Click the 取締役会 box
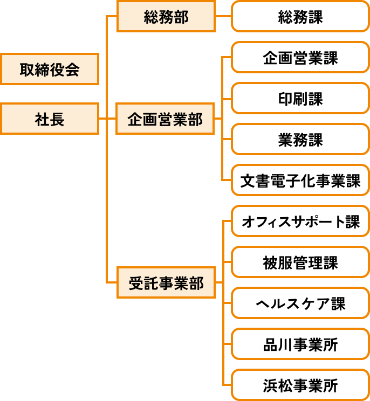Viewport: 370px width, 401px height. coord(50,70)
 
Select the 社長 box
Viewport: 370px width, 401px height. coord(50,120)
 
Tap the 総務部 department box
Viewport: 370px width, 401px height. coord(166,17)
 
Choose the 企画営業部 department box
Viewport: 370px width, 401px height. coord(166,120)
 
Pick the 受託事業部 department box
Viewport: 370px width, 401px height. coord(166,283)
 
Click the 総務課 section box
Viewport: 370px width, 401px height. coord(300,17)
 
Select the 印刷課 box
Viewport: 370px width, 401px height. coord(300,99)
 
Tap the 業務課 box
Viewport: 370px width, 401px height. coord(300,140)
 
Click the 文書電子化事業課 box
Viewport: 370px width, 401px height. coord(300,181)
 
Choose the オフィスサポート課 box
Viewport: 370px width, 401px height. coord(300,222)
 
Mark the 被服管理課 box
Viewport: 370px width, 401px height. coord(300,263)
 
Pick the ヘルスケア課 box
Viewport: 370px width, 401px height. coord(300,304)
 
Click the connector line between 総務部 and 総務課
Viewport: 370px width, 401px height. coord(223,17)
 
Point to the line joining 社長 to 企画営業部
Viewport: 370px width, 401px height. coord(108,120)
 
